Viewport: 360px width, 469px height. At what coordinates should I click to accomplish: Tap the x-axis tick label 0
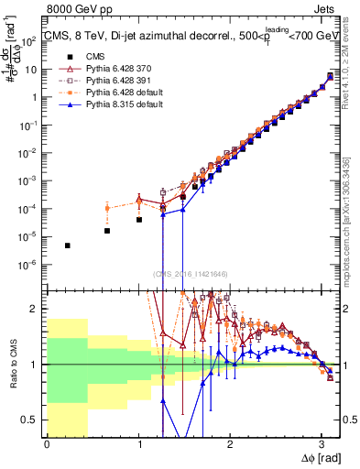pos(47,444)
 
